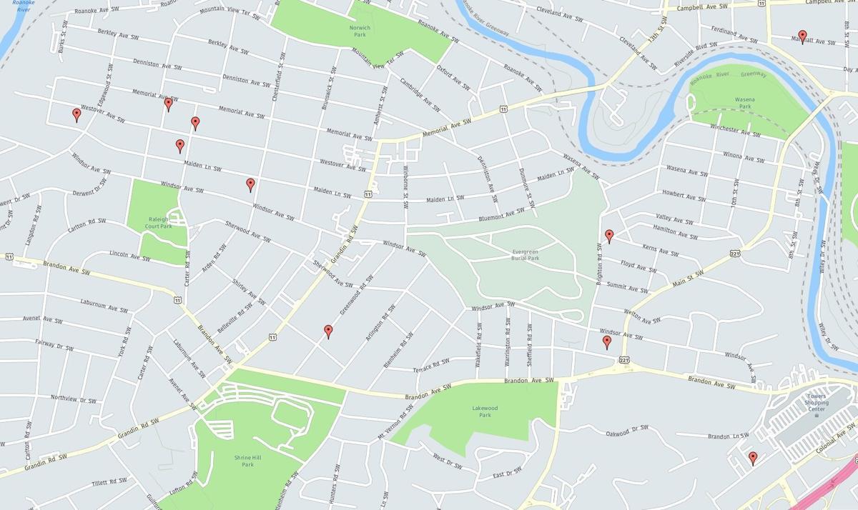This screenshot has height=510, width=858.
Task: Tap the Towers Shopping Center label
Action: click(x=816, y=404)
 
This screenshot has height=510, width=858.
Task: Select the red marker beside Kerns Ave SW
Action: click(x=609, y=235)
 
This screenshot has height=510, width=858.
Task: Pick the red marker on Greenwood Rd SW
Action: click(x=328, y=331)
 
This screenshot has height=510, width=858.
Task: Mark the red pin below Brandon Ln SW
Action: click(x=753, y=457)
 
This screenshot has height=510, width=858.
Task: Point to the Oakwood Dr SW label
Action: click(x=627, y=431)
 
